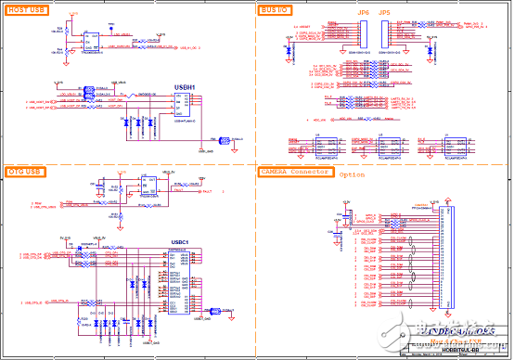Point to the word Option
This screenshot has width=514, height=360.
point(352,174)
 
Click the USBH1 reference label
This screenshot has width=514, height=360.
point(185,86)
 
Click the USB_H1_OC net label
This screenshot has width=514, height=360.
point(191,45)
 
